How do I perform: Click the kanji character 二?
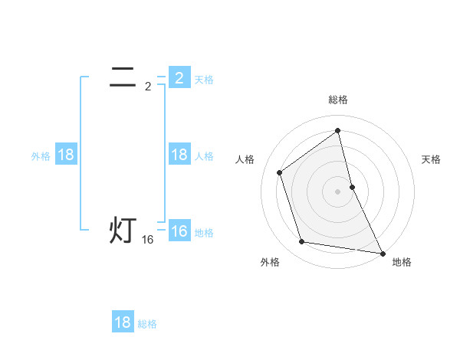(123, 77)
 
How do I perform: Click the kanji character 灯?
(123, 231)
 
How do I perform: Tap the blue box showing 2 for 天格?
(179, 77)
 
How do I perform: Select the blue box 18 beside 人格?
(179, 155)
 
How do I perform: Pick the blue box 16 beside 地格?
(179, 231)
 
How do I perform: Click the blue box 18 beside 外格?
(66, 155)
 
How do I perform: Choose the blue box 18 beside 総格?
(123, 322)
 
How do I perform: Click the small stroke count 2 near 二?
(148, 87)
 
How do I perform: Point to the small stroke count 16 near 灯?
(148, 241)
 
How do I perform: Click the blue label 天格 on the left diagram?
(204, 80)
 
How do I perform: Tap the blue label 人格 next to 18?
(204, 156)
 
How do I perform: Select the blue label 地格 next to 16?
(204, 233)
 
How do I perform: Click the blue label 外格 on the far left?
(41, 156)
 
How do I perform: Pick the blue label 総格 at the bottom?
(147, 324)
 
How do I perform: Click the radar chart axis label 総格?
(338, 100)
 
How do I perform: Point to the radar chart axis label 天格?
(432, 159)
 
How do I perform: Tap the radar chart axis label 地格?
(402, 262)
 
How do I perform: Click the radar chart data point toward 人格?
(280, 172)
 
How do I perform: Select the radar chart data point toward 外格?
(302, 242)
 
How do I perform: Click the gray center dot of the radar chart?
(338, 191)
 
